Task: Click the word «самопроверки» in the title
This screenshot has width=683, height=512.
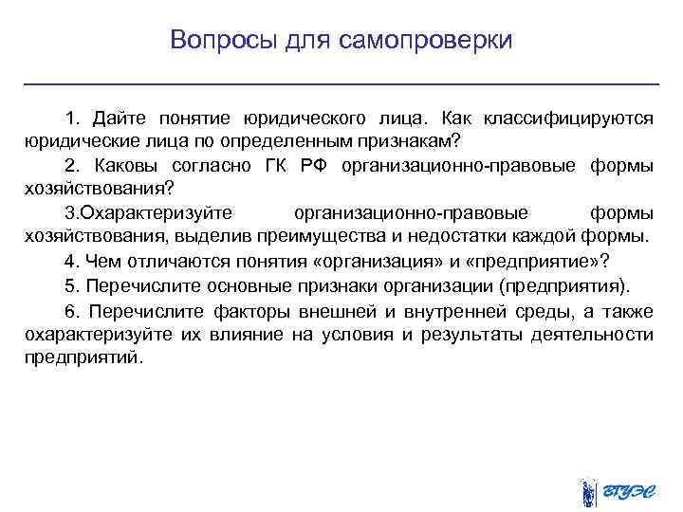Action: point(431,41)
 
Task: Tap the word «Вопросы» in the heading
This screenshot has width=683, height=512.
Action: point(218,41)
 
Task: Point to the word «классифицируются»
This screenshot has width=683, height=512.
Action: point(568,119)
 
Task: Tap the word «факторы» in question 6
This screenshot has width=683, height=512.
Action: point(225,310)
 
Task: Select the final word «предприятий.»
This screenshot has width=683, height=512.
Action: point(86,357)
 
